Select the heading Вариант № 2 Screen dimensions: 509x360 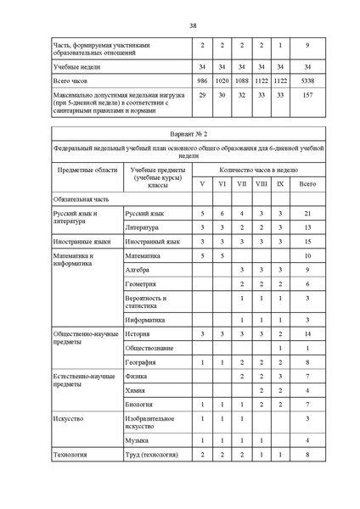point(180,135)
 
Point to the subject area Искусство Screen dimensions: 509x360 point(70,418)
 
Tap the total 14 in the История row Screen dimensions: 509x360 point(307,334)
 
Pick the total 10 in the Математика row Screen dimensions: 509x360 point(307,255)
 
